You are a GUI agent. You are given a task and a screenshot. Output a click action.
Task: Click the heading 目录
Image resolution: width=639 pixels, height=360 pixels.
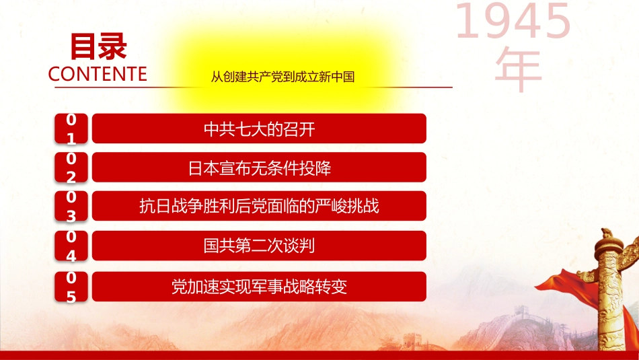click(98, 46)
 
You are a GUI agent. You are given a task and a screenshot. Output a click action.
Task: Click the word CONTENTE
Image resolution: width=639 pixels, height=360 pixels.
click(98, 74)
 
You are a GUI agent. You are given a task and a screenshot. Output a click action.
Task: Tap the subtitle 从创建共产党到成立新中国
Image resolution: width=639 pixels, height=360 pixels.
click(283, 77)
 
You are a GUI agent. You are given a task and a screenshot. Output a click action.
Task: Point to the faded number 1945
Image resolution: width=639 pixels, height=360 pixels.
click(513, 21)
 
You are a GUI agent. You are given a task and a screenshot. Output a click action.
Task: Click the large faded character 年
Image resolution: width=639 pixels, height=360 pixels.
click(519, 69)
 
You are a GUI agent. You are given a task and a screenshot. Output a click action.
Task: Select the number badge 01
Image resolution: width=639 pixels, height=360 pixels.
click(71, 129)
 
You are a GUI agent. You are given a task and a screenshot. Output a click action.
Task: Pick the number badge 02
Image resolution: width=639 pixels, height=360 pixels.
click(71, 168)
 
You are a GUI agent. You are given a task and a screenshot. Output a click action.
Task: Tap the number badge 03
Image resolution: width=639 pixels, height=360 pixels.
click(71, 207)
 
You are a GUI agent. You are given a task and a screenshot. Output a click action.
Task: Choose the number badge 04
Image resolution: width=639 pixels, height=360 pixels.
click(71, 246)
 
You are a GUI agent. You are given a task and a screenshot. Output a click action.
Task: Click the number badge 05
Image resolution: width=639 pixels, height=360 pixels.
click(71, 287)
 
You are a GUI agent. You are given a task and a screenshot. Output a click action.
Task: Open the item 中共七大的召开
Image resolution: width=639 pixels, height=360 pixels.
click(259, 129)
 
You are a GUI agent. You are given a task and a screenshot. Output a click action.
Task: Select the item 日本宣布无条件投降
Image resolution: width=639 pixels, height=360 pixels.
click(259, 168)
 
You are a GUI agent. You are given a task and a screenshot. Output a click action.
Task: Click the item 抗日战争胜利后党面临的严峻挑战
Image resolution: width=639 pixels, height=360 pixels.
click(259, 207)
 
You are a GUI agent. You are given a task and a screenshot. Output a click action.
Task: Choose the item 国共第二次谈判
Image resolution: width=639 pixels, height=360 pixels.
click(259, 246)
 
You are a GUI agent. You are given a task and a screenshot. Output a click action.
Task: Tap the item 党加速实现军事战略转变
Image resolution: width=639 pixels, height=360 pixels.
click(259, 287)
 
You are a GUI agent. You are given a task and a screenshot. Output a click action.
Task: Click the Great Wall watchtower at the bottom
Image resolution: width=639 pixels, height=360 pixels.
click(412, 341)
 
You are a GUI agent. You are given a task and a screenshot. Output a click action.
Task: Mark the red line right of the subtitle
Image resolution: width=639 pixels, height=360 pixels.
click(407, 87)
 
